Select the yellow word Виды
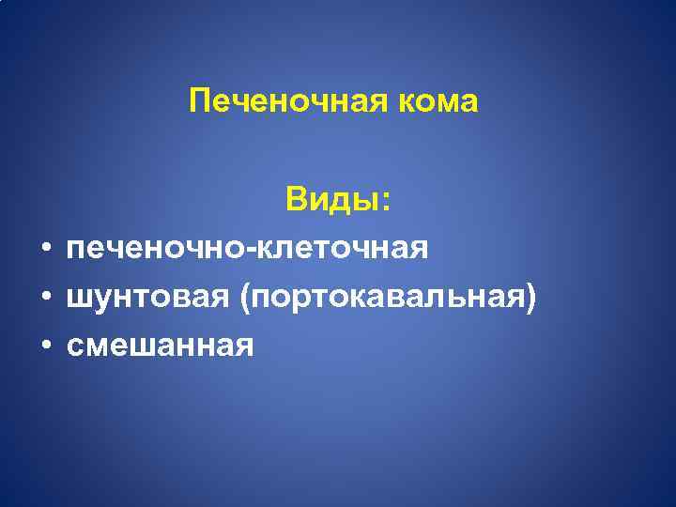[334, 200]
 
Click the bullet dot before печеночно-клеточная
[44, 250]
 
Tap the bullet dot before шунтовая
[44, 299]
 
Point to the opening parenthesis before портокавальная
[246, 299]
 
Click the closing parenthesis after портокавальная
[532, 299]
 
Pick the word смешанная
[161, 347]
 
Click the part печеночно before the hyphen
[154, 249]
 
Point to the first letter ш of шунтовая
[77, 299]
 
